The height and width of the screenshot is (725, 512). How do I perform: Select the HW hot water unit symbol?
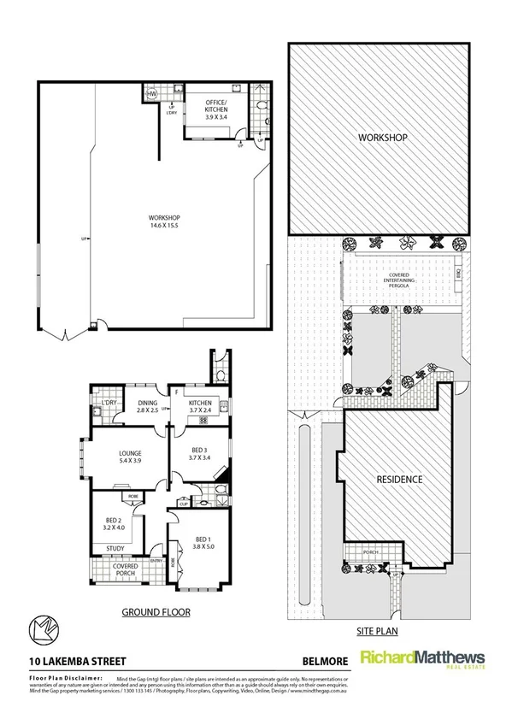tap(153, 94)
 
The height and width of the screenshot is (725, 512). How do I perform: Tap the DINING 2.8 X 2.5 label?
tap(146, 407)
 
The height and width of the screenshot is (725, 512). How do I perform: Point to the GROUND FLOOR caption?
tap(155, 612)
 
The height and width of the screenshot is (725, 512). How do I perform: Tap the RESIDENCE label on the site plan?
tap(400, 480)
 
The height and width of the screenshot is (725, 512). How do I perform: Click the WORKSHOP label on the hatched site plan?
tap(381, 137)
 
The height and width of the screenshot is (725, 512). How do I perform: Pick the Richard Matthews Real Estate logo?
tap(422, 659)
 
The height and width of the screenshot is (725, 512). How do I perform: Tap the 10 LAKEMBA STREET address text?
tap(73, 660)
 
